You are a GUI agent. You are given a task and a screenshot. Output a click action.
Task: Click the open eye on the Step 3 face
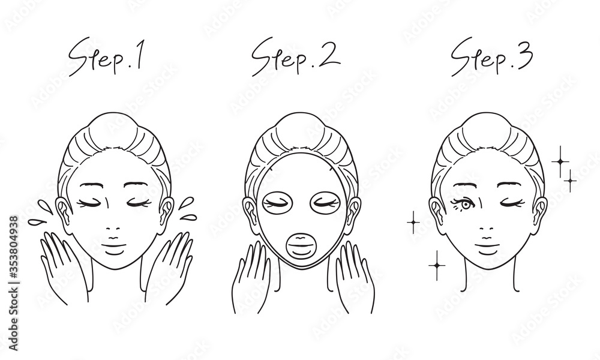(x=464, y=204)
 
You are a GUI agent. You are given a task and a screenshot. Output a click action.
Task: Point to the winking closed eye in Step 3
(x=511, y=203)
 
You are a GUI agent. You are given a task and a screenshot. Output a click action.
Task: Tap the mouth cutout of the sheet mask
(x=302, y=245)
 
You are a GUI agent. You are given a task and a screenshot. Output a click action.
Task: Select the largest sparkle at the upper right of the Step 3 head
(x=560, y=161)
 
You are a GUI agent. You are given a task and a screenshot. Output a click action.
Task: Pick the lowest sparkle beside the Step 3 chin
(x=437, y=266)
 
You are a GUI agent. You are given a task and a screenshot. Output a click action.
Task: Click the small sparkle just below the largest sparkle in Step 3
(x=570, y=181)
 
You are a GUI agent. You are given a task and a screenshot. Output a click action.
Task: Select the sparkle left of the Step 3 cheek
(x=413, y=222)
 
